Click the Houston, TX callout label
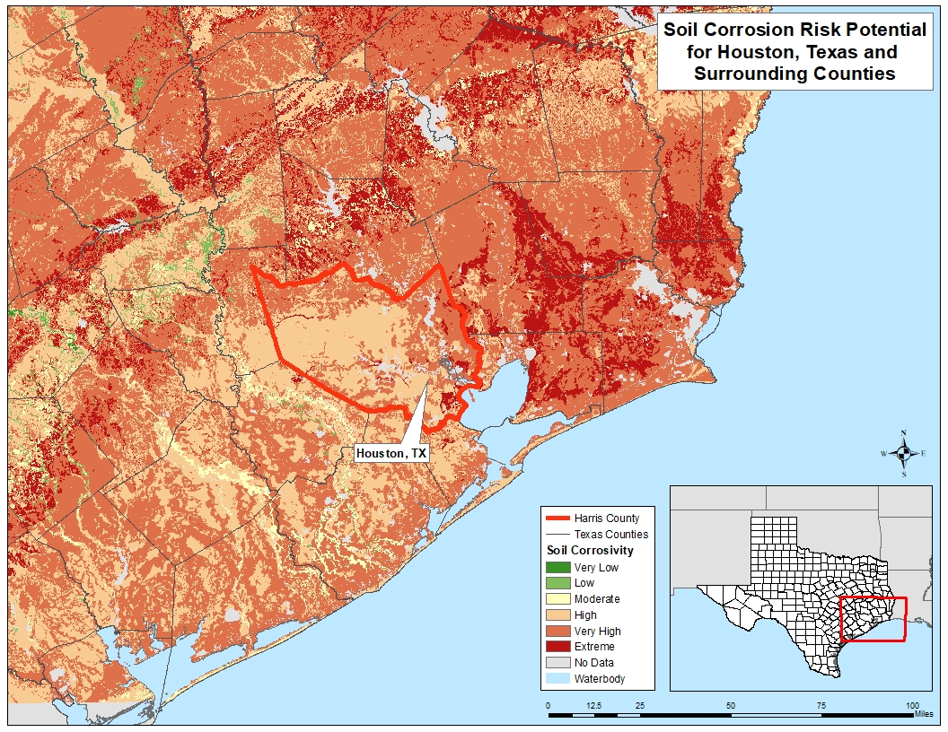tap(391, 454)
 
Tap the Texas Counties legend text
tap(610, 534)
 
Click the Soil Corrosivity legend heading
tap(590, 550)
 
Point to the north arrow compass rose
tap(904, 453)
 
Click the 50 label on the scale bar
tap(731, 706)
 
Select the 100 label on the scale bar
tap(912, 706)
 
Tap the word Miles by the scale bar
tap(923, 715)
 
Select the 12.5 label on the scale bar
tap(593, 706)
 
